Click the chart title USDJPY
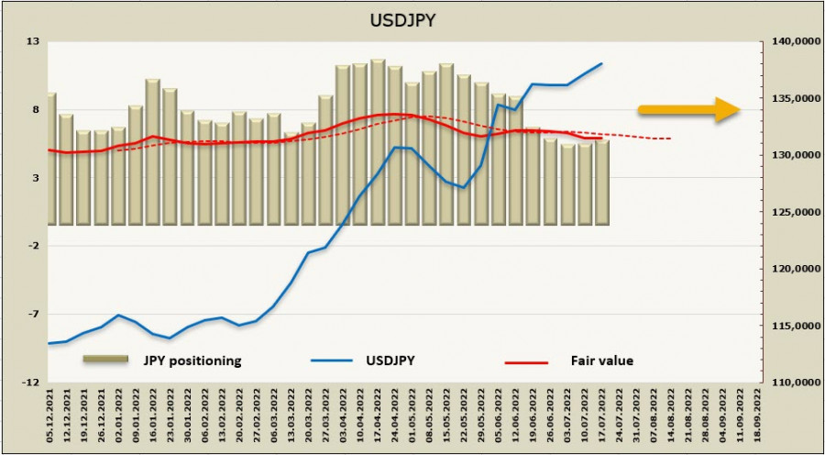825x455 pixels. [412, 21]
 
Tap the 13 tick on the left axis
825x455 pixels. [32, 41]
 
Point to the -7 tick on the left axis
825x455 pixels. [32, 314]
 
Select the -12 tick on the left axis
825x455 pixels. [30, 382]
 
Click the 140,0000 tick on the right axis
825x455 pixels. [789, 41]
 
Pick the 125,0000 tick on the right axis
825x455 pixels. [789, 212]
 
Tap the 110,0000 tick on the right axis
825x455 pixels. [789, 382]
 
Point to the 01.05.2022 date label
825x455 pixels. [412, 414]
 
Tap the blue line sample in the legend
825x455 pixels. [333, 361]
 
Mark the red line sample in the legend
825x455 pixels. [525, 362]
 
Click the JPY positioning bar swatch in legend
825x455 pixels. [106, 360]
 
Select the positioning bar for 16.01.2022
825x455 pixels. [152, 152]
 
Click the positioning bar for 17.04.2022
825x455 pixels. [378, 142]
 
